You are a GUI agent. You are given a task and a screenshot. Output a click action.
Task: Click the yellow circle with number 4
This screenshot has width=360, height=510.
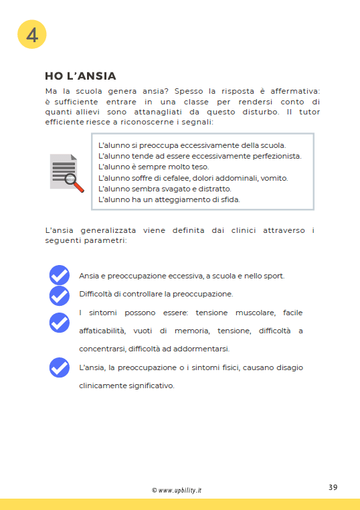pyautogui.click(x=31, y=35)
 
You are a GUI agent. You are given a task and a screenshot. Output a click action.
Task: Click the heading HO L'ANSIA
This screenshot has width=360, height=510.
pyautogui.click(x=80, y=76)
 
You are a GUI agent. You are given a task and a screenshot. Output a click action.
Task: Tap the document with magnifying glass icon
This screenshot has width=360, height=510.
pyautogui.click(x=66, y=173)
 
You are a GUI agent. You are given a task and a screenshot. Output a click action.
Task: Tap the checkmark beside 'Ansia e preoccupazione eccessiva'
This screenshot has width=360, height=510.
pyautogui.click(x=60, y=275)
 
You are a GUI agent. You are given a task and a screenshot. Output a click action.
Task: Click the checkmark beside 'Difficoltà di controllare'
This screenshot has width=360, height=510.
pyautogui.click(x=60, y=295)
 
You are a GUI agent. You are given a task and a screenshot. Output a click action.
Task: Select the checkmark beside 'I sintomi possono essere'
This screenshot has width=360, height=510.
pyautogui.click(x=60, y=322)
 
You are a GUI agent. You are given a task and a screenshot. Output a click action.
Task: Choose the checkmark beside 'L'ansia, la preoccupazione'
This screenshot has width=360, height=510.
pyautogui.click(x=60, y=367)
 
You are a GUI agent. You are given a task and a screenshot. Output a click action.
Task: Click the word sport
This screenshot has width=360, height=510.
pyautogui.click(x=273, y=276)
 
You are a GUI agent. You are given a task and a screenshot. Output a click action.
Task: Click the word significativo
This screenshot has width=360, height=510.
pyautogui.click(x=149, y=386)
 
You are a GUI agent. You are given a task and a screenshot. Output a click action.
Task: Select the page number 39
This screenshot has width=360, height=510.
pyautogui.click(x=333, y=487)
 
